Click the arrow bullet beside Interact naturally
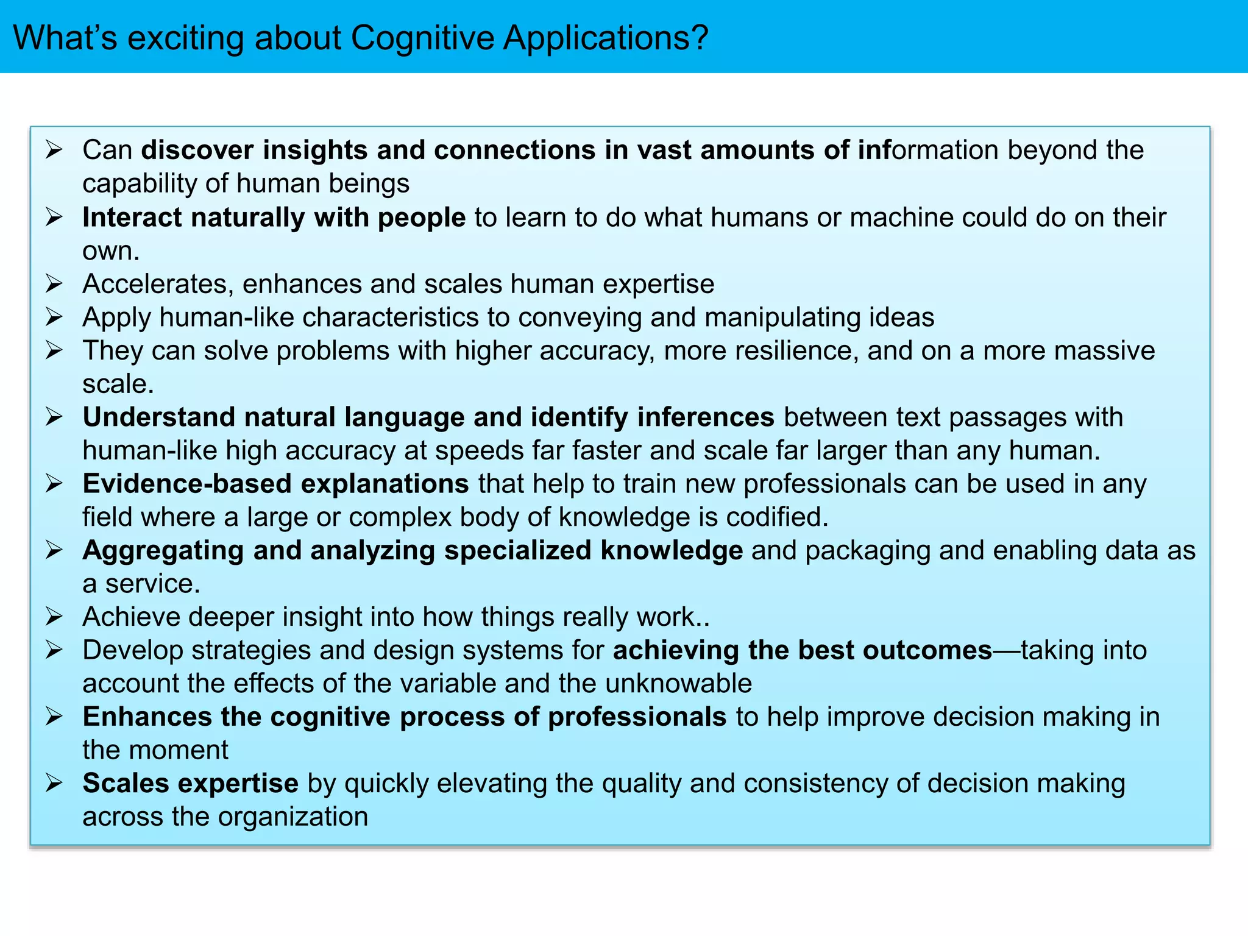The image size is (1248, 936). coord(54,217)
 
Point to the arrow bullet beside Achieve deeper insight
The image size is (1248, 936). coord(54,617)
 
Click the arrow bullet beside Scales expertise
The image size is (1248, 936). coord(54,783)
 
